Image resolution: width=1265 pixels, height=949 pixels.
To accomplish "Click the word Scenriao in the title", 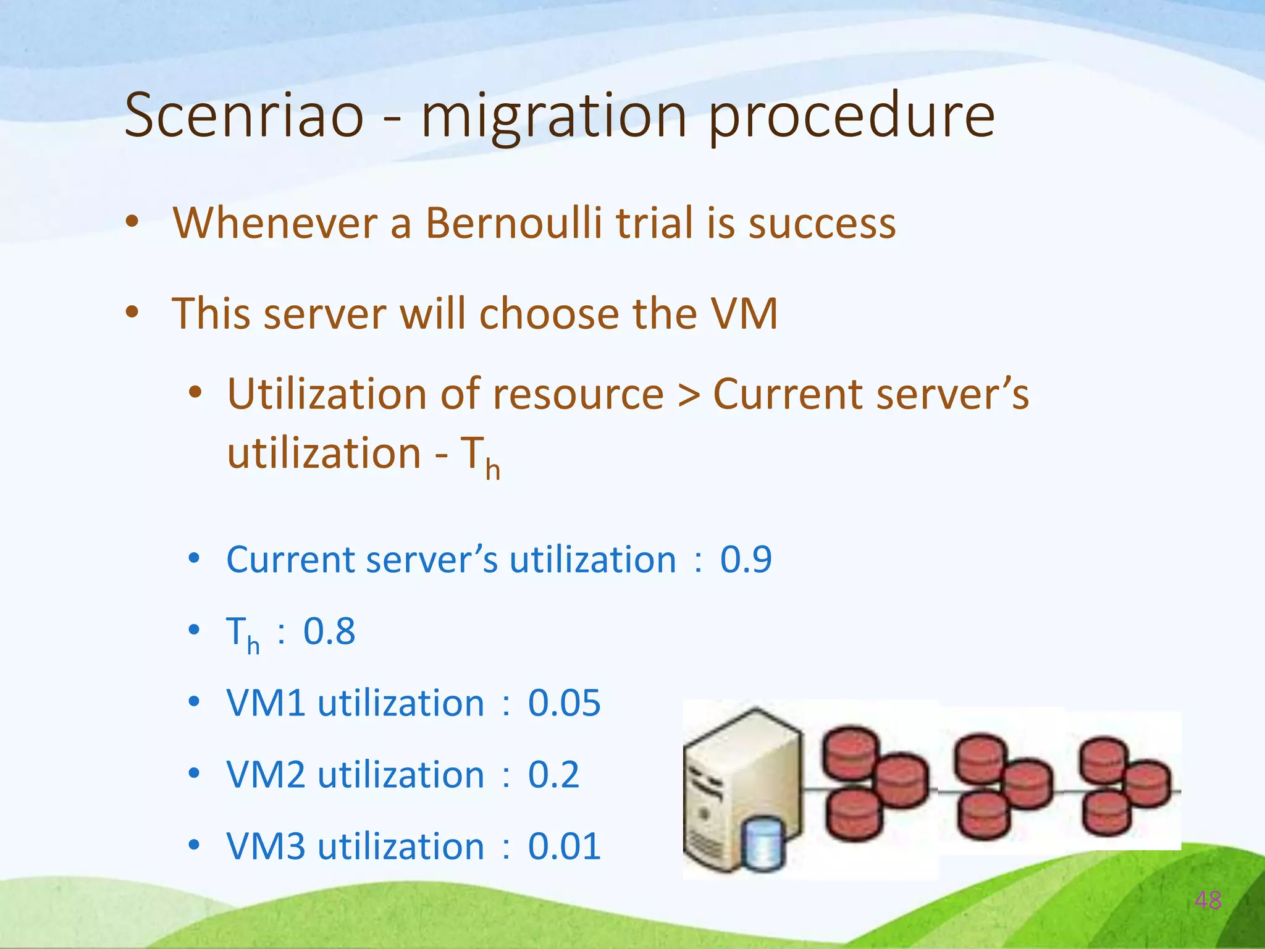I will [x=244, y=116].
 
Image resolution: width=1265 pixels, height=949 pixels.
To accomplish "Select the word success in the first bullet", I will [x=822, y=224].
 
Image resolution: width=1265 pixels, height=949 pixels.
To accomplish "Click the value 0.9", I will [x=746, y=560].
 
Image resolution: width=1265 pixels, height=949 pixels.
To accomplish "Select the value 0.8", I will [x=329, y=631].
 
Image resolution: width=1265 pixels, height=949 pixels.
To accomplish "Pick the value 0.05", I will [x=564, y=703].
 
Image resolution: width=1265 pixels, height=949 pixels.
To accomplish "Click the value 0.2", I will [x=553, y=775].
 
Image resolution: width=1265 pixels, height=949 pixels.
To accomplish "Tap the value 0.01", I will [x=564, y=846].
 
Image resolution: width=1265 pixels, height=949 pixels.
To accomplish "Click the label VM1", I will [x=266, y=703].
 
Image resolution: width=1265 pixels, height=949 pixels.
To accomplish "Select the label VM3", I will [x=266, y=846].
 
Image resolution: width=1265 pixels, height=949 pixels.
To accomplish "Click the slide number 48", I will [x=1208, y=900].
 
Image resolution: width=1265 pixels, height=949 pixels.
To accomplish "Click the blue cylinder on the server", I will [x=763, y=843].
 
